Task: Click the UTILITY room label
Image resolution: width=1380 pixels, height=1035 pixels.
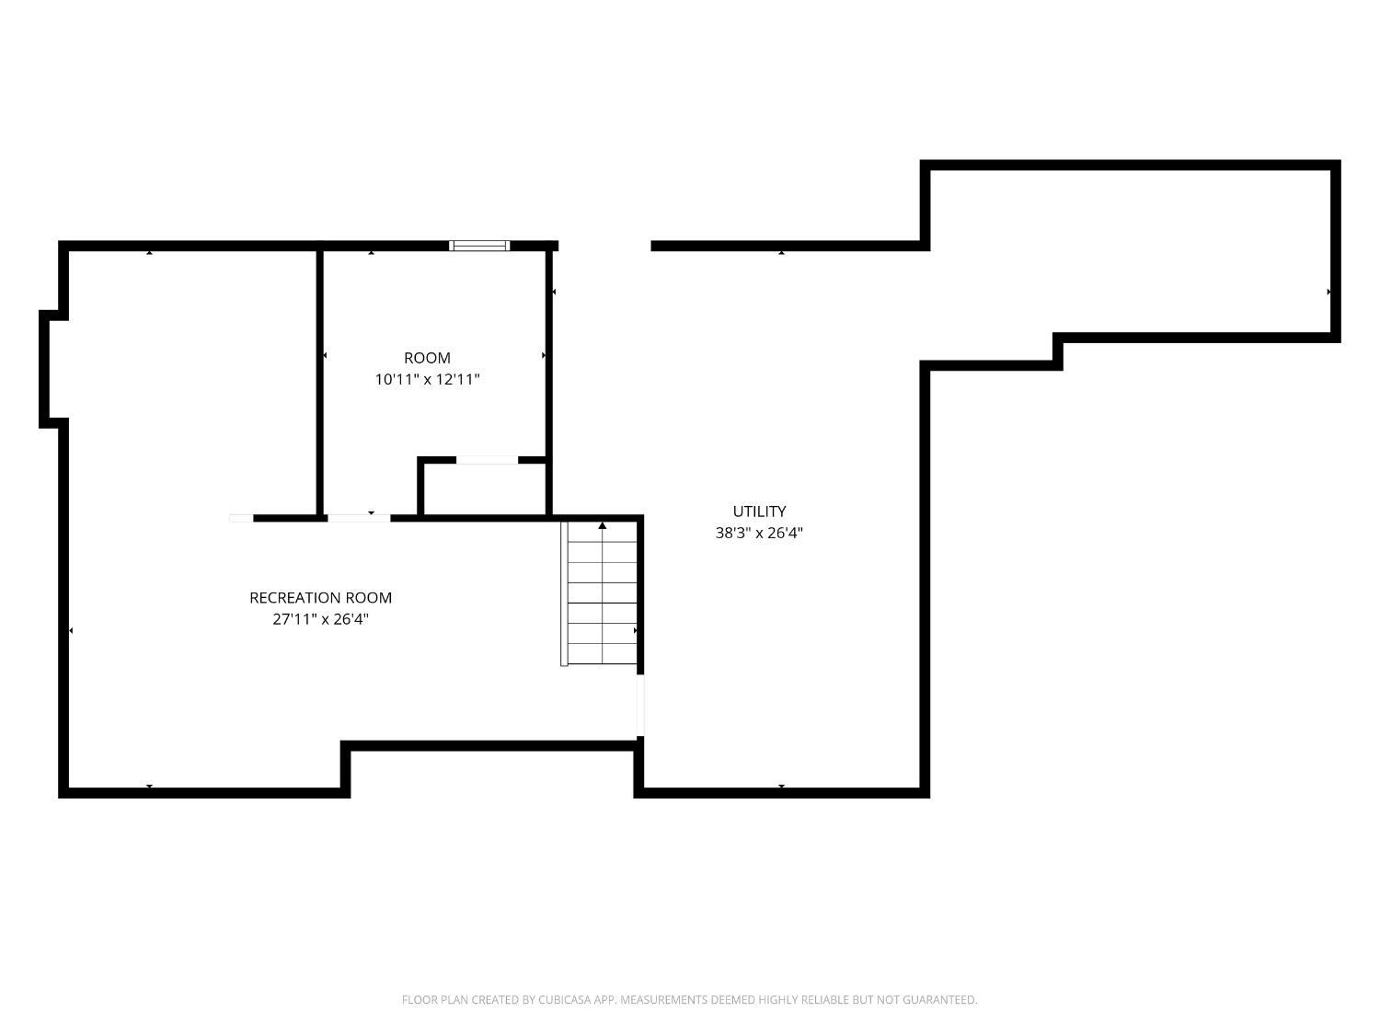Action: [759, 512]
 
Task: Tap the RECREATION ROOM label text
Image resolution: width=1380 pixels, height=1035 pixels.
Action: [320, 598]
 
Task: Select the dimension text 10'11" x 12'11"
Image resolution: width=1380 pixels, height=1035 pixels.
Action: [427, 379]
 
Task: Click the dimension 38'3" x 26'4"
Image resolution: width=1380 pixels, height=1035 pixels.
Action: [759, 533]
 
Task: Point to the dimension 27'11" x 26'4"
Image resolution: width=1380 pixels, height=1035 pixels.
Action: [320, 619]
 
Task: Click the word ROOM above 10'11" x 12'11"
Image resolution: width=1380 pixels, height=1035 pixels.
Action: [427, 358]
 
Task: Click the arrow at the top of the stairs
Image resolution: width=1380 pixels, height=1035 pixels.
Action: [603, 526]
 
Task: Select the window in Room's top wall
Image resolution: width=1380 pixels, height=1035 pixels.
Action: [478, 246]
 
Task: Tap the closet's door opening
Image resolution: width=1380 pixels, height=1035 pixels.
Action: [487, 460]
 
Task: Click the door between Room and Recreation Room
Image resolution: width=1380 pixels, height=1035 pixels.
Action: [359, 518]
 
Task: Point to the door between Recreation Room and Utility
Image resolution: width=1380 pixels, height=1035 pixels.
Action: [640, 706]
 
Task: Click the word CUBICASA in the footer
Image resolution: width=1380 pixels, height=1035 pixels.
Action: [564, 1000]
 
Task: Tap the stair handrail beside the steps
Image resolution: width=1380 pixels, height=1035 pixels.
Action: [564, 593]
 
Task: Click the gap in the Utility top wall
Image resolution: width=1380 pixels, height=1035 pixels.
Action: [604, 246]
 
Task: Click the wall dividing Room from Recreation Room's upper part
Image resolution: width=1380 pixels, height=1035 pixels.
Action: [320, 382]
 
